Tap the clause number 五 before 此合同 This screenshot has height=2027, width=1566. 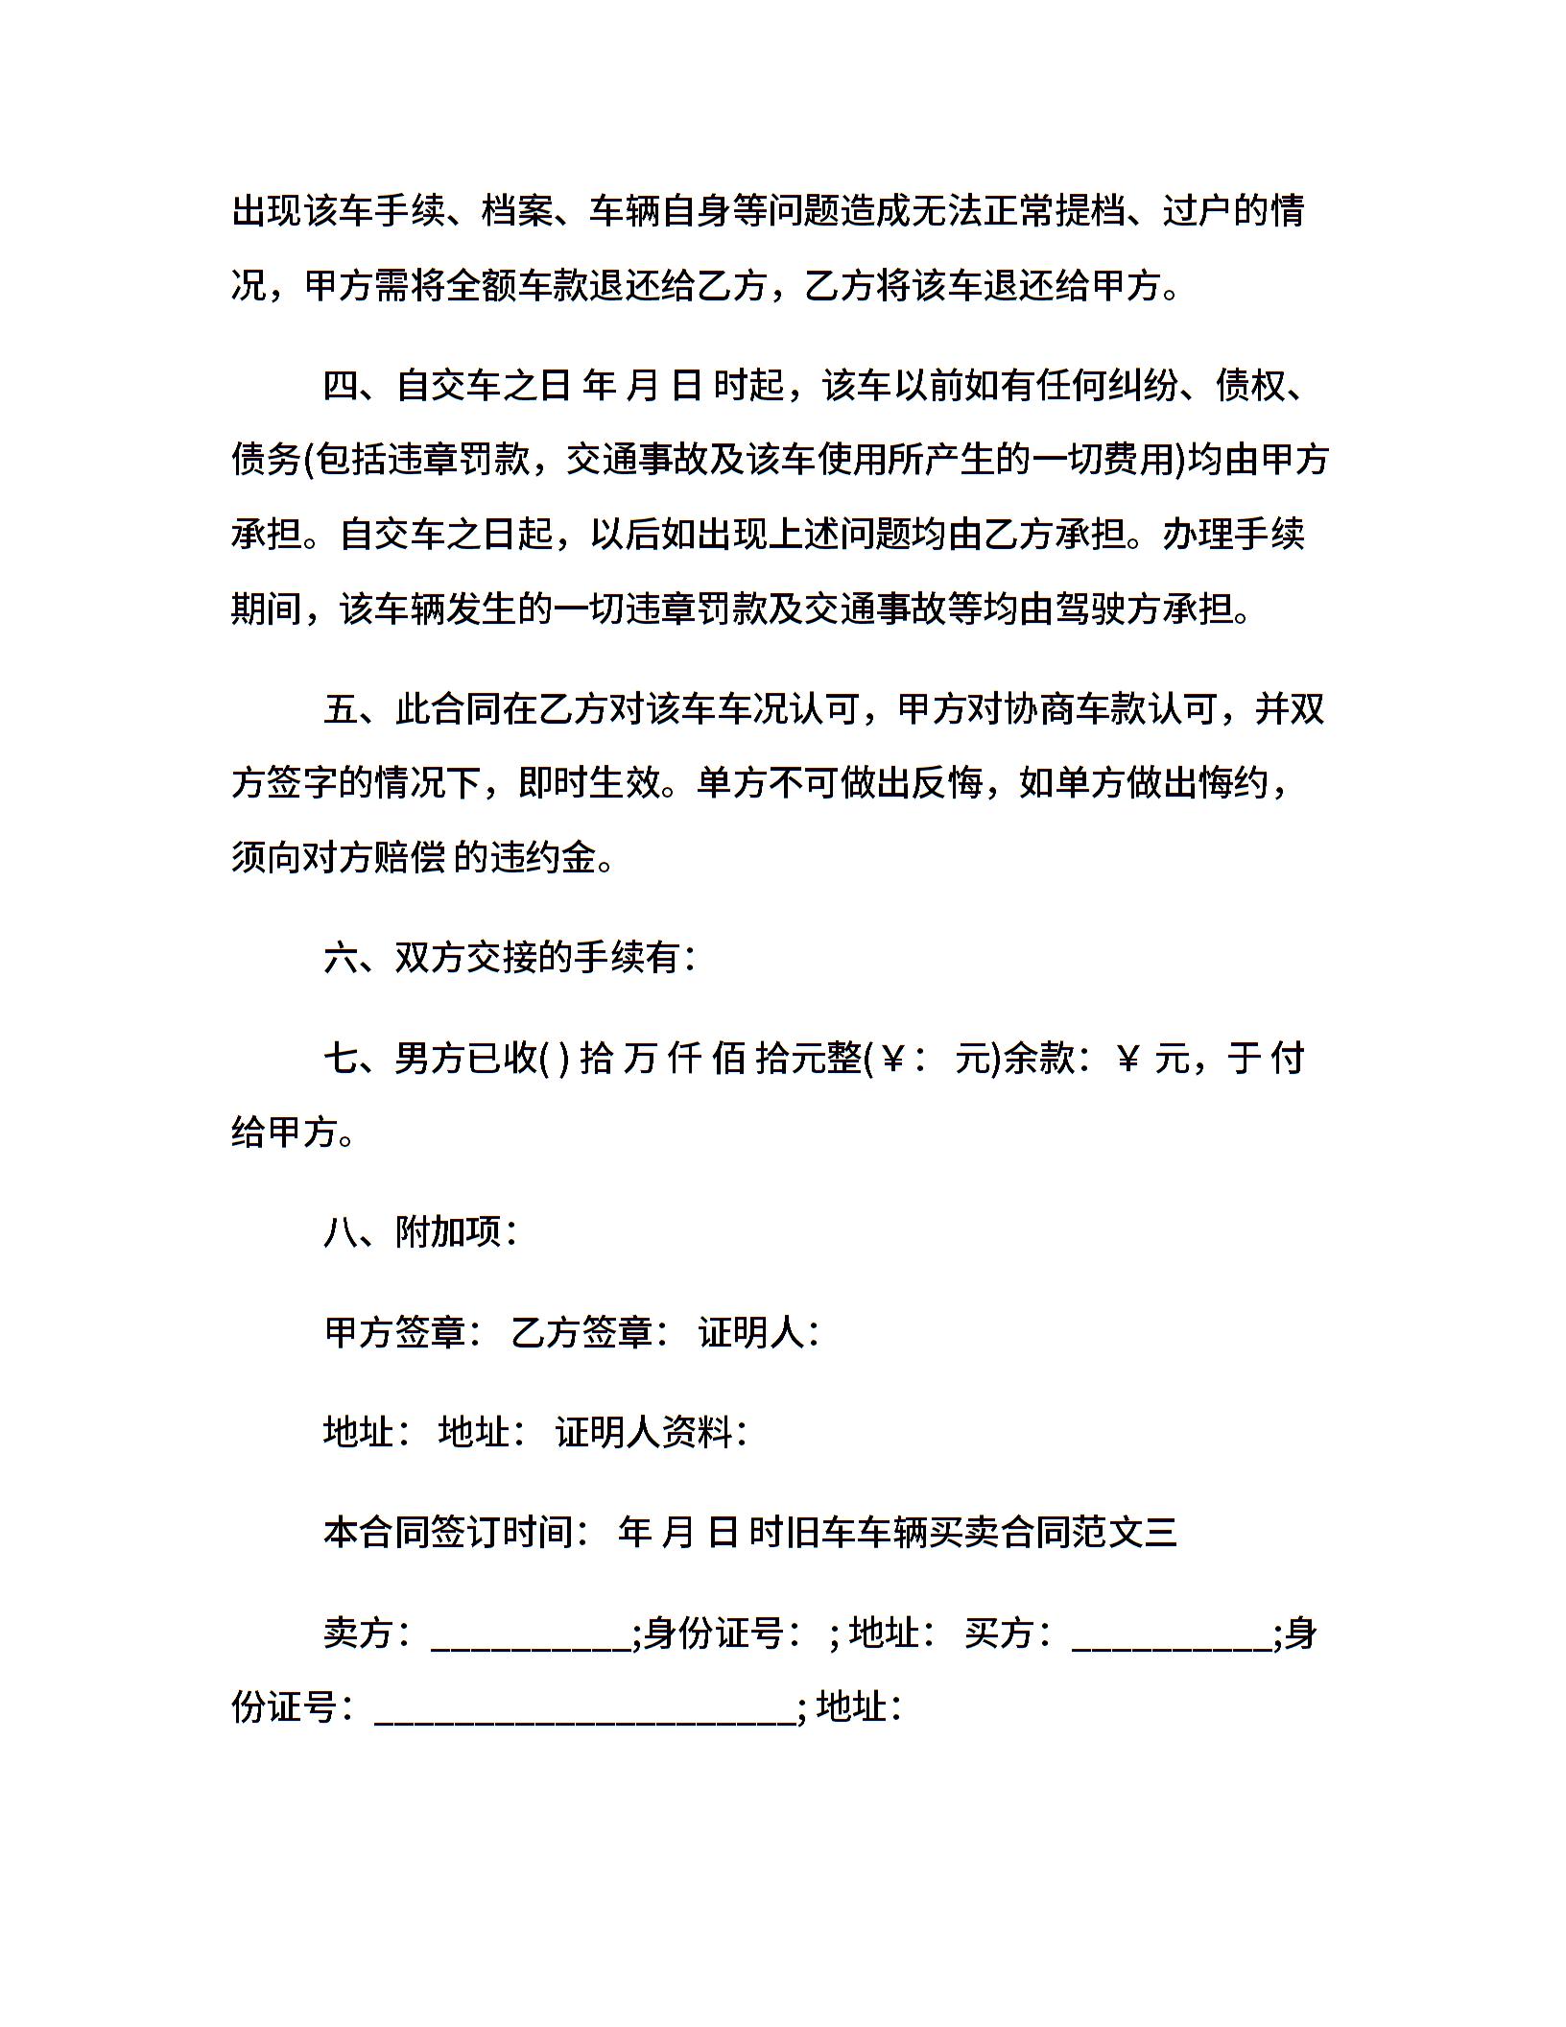click(341, 710)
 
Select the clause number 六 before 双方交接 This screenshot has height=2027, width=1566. click(341, 958)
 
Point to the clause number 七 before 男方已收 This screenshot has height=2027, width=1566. click(341, 1058)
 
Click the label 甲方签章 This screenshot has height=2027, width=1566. click(395, 1332)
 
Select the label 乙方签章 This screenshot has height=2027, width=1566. click(581, 1332)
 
